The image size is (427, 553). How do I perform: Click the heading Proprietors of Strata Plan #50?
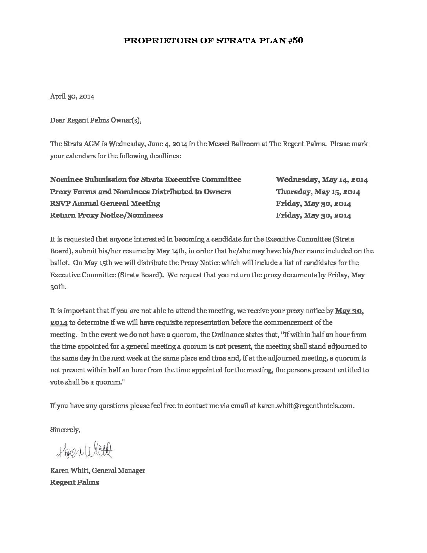pos(213,40)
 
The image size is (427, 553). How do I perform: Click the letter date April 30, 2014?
pos(72,96)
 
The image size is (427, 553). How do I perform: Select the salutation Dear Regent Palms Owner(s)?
pos(95,120)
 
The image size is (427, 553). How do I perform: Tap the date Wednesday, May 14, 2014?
pos(322,180)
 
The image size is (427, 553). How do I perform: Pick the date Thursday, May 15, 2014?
pos(318,192)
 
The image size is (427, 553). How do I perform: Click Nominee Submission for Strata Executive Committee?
pos(146,180)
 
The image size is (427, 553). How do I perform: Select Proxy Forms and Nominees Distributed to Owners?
pos(141,192)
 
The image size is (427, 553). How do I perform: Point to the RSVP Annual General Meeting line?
pos(105,203)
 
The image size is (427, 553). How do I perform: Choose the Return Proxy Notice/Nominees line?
pos(106,215)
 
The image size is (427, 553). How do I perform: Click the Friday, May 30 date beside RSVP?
pos(314,203)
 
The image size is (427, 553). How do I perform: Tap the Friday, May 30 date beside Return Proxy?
pos(314,215)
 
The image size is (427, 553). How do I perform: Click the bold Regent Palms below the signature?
pos(75,482)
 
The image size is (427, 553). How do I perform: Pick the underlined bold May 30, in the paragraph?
pos(350,311)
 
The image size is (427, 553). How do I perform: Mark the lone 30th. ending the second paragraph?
pos(58,287)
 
